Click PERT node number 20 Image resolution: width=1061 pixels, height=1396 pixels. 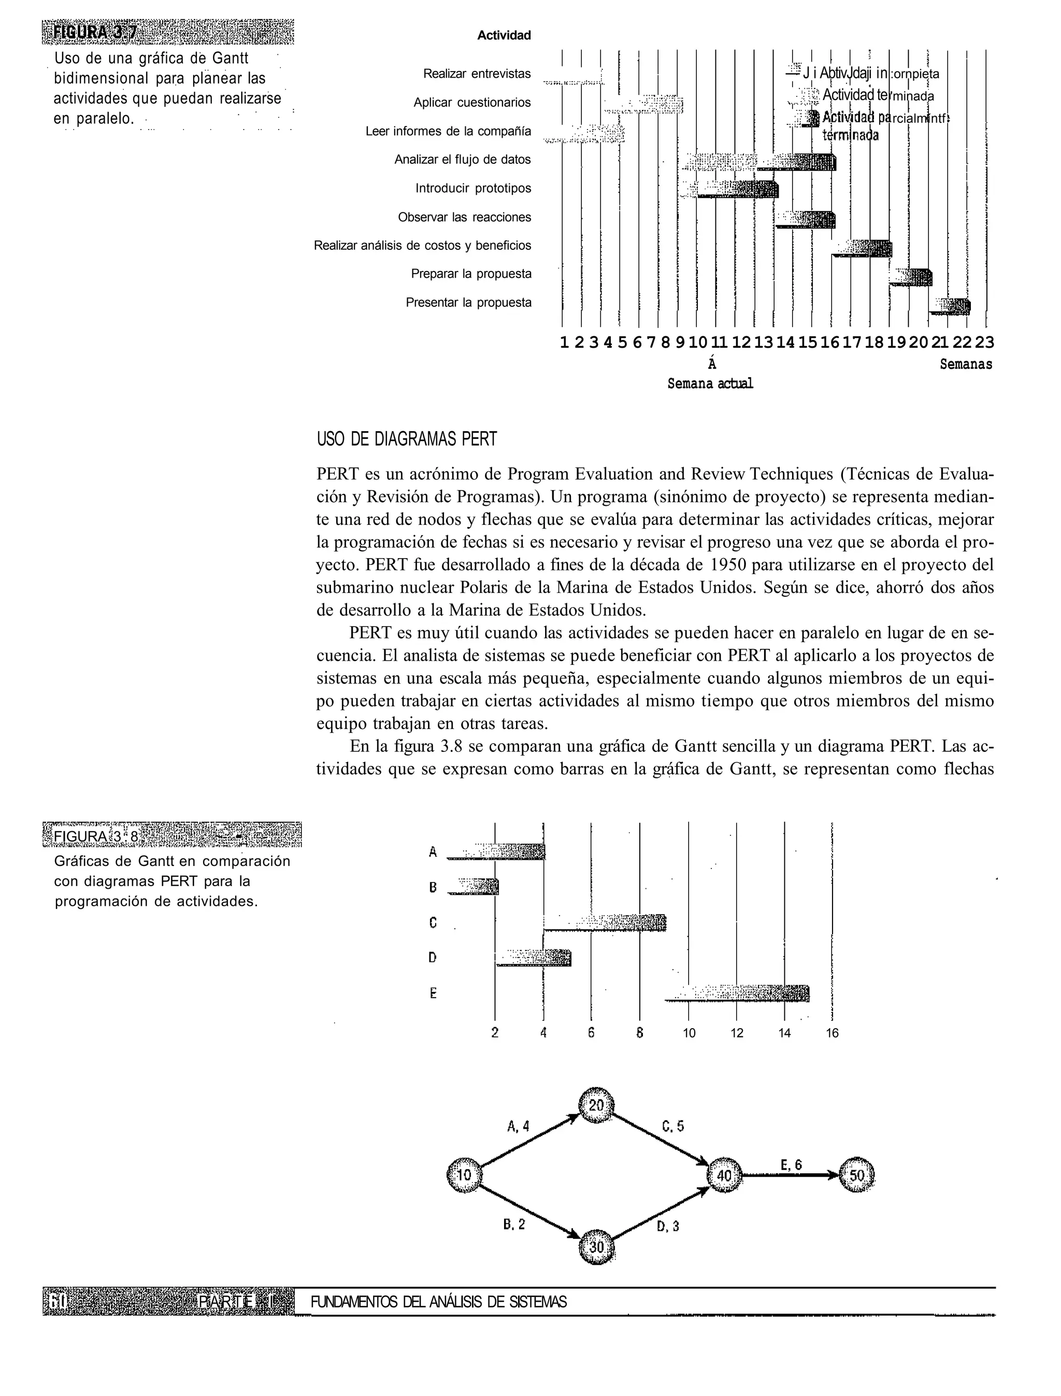tap(596, 1105)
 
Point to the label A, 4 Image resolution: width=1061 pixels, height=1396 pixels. tap(519, 1126)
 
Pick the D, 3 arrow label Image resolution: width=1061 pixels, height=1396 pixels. tap(668, 1227)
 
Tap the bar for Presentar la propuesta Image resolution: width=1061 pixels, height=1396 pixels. tap(951, 306)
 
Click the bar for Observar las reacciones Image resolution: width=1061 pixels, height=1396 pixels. tap(806, 220)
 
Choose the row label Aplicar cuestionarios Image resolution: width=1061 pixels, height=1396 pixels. tap(472, 102)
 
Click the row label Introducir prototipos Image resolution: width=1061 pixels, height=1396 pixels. tap(473, 188)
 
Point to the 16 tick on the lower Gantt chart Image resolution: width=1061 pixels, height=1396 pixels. tap(833, 1033)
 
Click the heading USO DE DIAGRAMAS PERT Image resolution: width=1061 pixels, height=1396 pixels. tap(407, 439)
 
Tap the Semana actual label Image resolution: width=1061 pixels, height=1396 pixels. tap(710, 384)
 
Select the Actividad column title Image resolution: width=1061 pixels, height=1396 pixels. tap(504, 35)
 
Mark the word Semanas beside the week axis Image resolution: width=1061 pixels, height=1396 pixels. tap(966, 364)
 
